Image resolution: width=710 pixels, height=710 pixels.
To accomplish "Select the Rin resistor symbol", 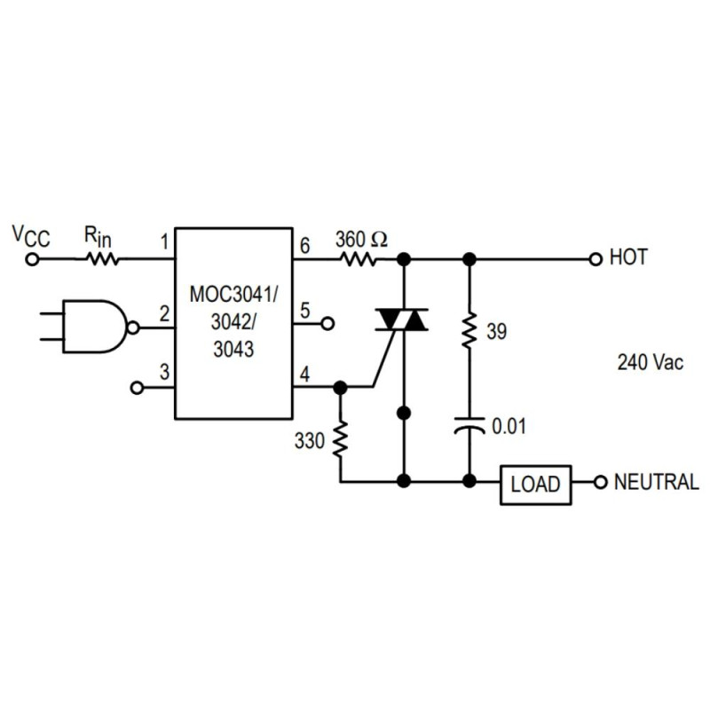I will tap(101, 259).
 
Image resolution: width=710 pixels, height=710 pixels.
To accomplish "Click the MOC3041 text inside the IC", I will tap(233, 293).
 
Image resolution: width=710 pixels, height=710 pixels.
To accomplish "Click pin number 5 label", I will tap(304, 311).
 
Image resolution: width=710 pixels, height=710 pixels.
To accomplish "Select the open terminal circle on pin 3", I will tap(137, 388).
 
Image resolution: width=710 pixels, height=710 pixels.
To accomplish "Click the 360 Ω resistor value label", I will tap(361, 239).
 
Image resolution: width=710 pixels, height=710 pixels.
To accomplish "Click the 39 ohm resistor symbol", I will tap(469, 332).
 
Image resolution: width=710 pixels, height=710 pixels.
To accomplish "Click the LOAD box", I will tap(536, 484).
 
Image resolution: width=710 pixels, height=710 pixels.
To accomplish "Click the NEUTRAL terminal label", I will tap(656, 483).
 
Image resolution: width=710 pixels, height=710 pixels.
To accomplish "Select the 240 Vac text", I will tap(650, 363).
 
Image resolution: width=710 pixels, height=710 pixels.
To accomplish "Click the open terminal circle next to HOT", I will tap(596, 259).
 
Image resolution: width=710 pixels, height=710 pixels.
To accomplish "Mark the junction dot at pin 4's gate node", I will tap(339, 388).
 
